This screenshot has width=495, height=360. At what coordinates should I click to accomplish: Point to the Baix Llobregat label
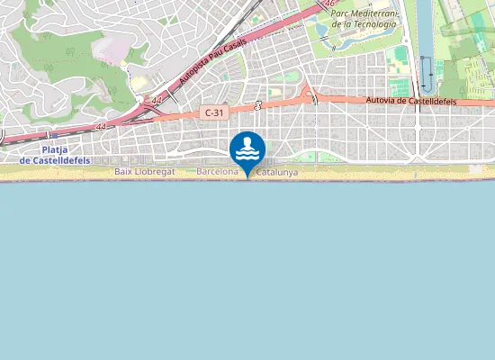[x=145, y=171]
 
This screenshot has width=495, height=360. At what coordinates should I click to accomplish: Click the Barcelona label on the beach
[x=218, y=171]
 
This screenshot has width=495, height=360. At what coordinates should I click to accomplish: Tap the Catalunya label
[x=277, y=171]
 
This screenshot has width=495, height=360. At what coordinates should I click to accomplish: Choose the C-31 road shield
[x=213, y=112]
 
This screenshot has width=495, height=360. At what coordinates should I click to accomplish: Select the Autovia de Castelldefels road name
[x=411, y=102]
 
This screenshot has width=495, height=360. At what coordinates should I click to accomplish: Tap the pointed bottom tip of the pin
[x=247, y=178]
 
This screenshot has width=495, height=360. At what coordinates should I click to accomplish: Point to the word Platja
[x=57, y=149]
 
